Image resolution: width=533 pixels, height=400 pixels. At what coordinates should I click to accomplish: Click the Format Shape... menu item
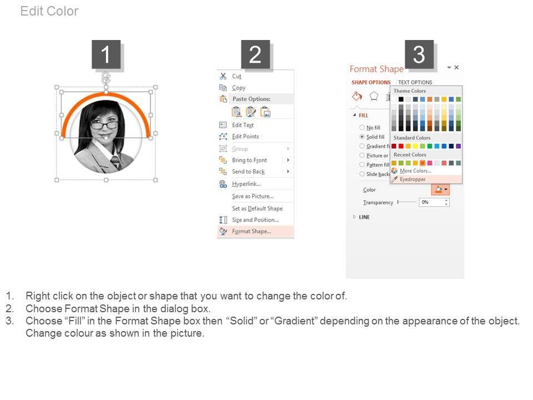tap(252, 231)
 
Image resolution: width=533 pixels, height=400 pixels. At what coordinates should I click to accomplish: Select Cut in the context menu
tap(237, 76)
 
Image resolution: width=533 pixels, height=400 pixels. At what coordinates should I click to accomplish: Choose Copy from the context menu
tap(239, 88)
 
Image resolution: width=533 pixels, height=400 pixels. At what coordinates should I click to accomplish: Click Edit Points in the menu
tap(245, 137)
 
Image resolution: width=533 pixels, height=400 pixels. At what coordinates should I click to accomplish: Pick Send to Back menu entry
tap(248, 172)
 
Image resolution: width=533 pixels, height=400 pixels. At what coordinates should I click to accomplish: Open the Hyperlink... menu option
tap(247, 184)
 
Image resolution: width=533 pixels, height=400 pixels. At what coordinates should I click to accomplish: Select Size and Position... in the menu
tap(255, 220)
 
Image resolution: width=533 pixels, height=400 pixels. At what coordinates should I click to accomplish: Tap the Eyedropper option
tap(413, 179)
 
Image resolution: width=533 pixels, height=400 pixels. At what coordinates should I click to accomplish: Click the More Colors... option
tap(415, 171)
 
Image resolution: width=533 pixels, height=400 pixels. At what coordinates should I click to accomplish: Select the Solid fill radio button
tap(362, 137)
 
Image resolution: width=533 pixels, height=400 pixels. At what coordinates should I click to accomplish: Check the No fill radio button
tap(362, 128)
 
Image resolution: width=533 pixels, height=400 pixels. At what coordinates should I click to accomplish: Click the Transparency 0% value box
tap(434, 202)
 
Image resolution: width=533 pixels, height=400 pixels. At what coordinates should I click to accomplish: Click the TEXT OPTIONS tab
tap(415, 82)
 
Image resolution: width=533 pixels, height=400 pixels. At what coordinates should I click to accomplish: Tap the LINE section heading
tap(364, 217)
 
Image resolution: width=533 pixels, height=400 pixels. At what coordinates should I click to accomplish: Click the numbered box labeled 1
tap(106, 54)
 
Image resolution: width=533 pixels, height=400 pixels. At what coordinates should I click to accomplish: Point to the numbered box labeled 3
tap(419, 54)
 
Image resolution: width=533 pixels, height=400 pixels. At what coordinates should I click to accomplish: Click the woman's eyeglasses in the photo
tap(104, 126)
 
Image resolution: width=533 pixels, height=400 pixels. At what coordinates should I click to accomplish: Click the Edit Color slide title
tap(49, 11)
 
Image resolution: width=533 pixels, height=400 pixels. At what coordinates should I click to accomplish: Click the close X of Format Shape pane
tap(456, 67)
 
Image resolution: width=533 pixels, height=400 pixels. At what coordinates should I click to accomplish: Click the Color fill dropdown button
tap(440, 189)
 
